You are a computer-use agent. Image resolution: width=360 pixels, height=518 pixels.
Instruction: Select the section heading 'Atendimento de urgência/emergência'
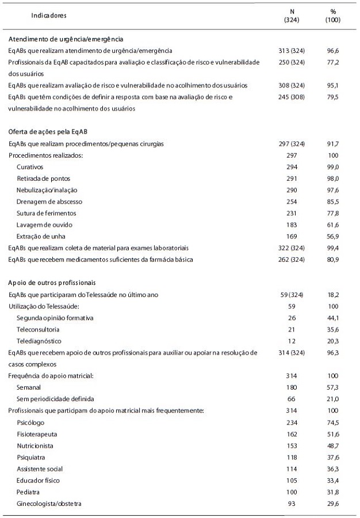click(66, 39)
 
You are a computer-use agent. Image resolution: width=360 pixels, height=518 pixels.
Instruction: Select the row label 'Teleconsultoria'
click(38, 330)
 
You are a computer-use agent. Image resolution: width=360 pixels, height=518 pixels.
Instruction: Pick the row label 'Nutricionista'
click(36, 445)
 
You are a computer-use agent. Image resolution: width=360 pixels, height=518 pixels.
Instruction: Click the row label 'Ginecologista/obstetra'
click(49, 504)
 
